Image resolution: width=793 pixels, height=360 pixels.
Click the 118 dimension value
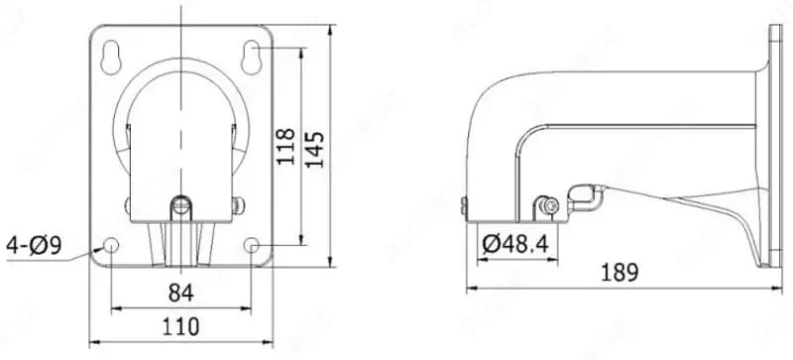(x=286, y=147)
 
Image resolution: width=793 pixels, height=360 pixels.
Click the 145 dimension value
(x=314, y=150)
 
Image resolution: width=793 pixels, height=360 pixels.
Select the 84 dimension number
(x=181, y=293)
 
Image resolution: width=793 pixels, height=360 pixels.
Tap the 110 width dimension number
(x=181, y=326)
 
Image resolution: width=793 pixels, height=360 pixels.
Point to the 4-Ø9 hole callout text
(x=34, y=246)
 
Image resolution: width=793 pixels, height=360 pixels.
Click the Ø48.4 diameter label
(x=515, y=245)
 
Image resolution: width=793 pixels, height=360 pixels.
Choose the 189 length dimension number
(x=621, y=273)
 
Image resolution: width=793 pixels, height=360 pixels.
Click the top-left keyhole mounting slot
(x=111, y=57)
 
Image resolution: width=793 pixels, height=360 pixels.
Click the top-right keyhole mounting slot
(x=251, y=57)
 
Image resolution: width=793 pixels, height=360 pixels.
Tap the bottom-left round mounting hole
(x=111, y=245)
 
